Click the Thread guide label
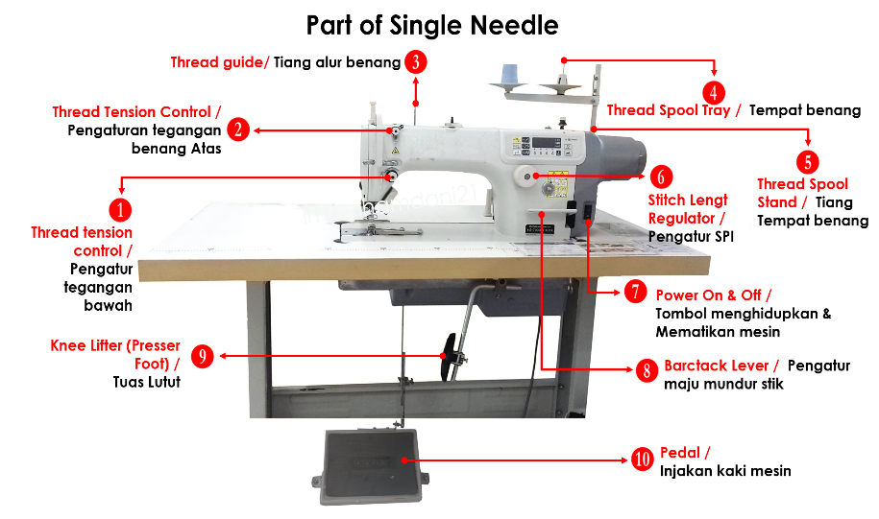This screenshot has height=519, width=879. click(220, 62)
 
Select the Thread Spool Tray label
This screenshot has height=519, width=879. click(673, 110)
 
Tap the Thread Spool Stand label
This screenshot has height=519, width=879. click(802, 193)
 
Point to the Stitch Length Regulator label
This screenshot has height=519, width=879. click(687, 210)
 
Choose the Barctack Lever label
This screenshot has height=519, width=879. click(720, 366)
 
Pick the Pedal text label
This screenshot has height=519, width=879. click(685, 453)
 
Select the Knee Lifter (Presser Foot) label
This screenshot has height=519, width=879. click(115, 354)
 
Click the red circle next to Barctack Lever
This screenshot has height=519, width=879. click(647, 369)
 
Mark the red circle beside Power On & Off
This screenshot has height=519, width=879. click(635, 293)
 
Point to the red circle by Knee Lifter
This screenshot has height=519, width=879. click(202, 357)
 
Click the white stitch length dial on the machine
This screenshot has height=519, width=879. click(525, 175)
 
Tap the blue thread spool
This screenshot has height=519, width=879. click(509, 74)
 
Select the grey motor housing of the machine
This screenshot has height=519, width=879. click(621, 153)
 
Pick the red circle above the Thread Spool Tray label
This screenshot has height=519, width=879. click(713, 92)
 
